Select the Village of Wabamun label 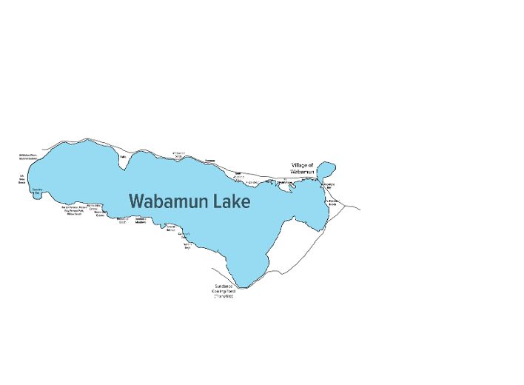pyautogui.click(x=302, y=168)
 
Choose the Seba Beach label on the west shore pyautogui.click(x=22, y=178)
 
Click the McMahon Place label pyautogui.click(x=27, y=156)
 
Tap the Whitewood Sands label pyautogui.click(x=178, y=154)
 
